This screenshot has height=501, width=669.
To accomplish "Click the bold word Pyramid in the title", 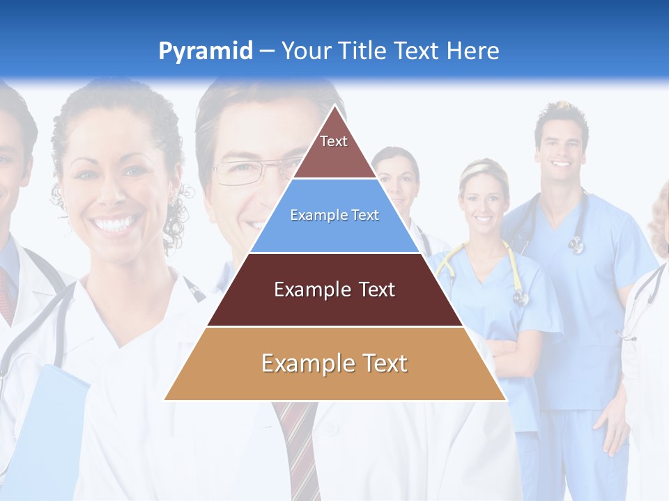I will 205,51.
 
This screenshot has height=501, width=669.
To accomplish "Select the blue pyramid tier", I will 334,216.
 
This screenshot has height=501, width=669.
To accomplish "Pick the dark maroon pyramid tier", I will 334,289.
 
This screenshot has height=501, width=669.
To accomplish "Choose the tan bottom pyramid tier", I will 334,363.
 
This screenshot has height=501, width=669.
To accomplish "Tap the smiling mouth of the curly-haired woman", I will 115,224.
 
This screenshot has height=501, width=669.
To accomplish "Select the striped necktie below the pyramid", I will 295,445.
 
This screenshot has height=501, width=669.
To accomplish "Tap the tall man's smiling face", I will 562,150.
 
